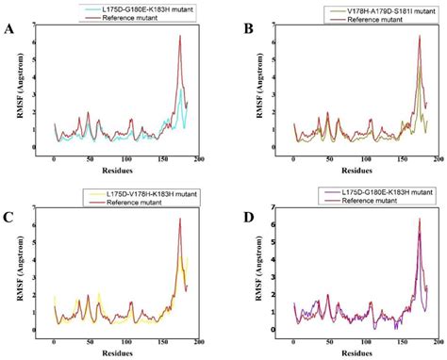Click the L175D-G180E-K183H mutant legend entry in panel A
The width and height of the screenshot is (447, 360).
[x=132, y=8]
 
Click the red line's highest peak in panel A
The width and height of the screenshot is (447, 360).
[x=179, y=36]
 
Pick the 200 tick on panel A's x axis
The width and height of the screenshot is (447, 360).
[x=201, y=158]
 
